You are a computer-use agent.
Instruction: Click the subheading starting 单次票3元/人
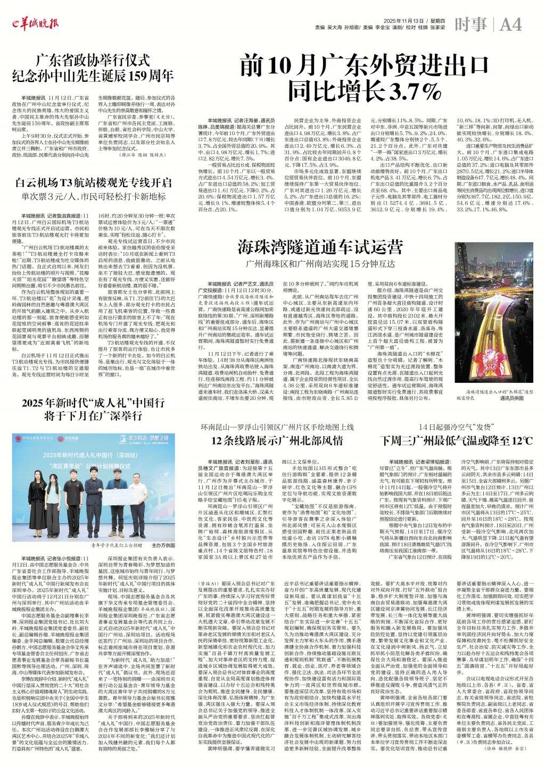(x=94, y=196)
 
